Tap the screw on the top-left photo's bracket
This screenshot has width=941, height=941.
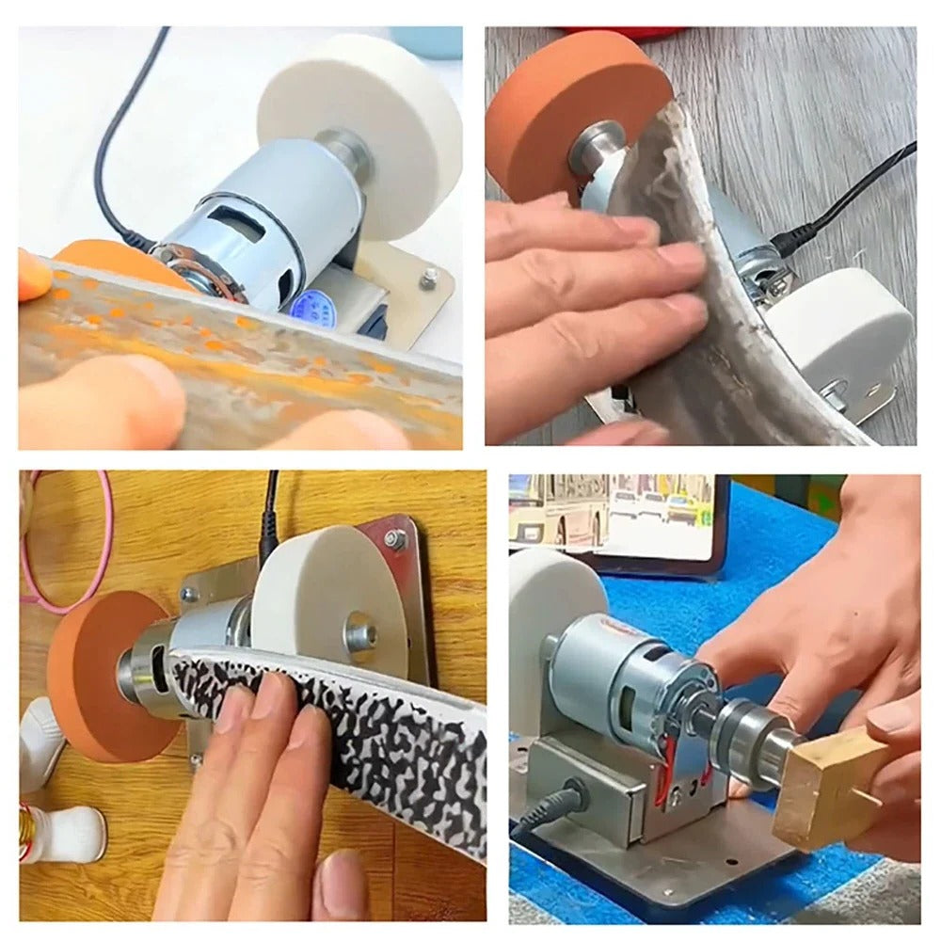[x=429, y=275]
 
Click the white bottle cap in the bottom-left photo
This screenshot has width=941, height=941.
[x=71, y=833]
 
